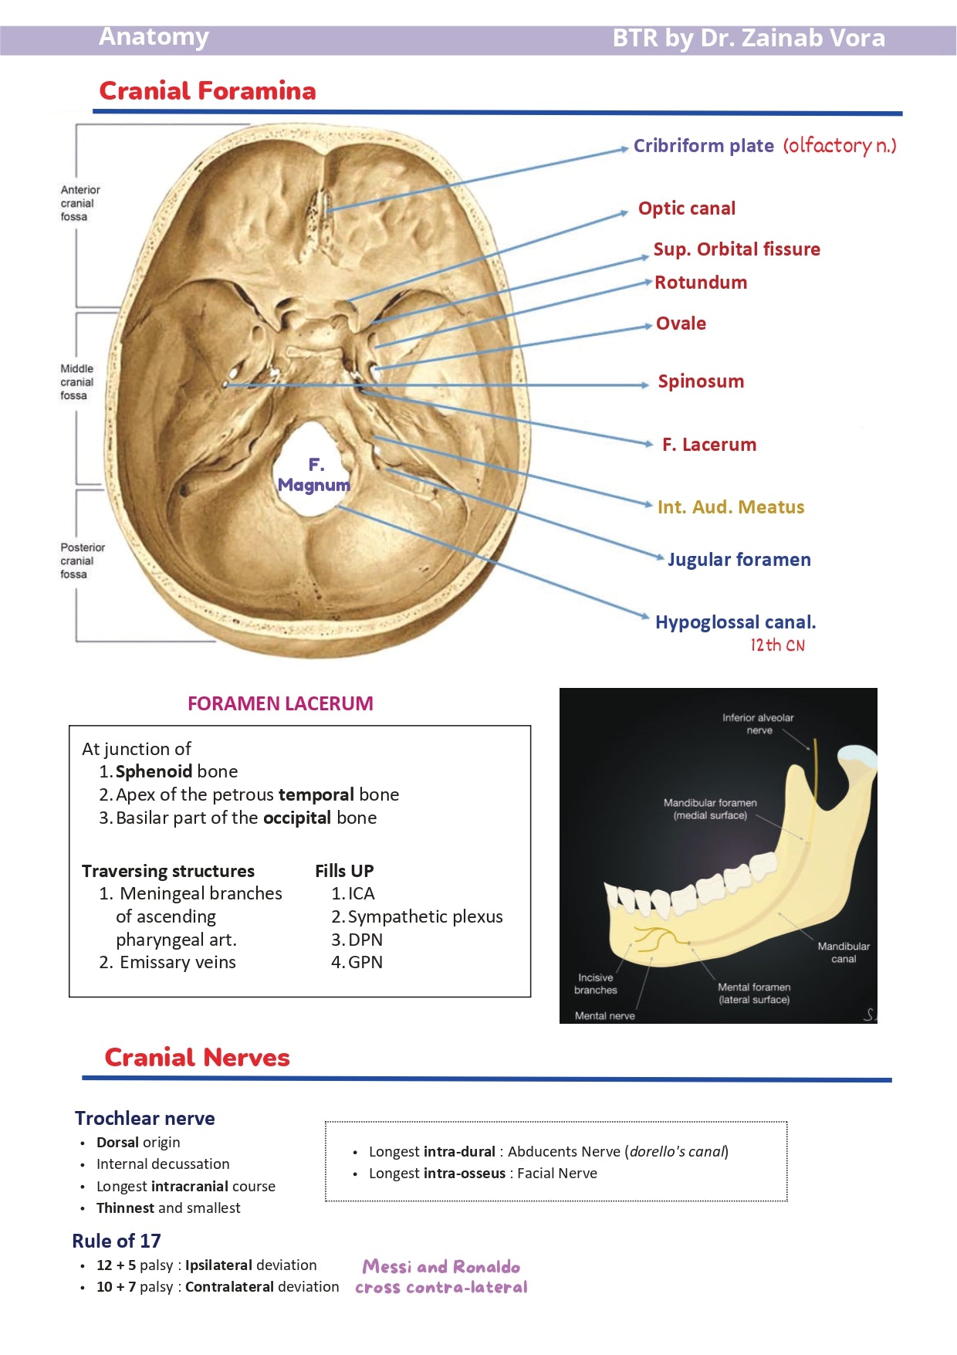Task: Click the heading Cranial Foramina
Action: click(x=207, y=91)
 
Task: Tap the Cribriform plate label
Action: click(x=703, y=146)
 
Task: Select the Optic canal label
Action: click(x=686, y=208)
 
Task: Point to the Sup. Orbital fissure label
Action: click(x=736, y=249)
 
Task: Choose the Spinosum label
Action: click(x=700, y=381)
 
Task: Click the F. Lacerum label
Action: click(x=708, y=445)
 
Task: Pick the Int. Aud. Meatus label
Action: click(x=730, y=507)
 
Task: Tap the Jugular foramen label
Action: click(x=739, y=560)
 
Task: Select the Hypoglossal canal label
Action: click(x=735, y=622)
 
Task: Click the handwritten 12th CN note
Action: click(x=777, y=645)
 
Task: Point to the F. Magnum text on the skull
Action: click(x=314, y=475)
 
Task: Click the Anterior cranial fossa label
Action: click(x=79, y=203)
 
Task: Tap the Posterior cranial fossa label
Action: click(x=82, y=561)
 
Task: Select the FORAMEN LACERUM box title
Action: click(x=280, y=703)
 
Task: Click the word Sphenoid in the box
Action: click(x=154, y=771)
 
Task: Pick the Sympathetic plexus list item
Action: click(x=424, y=916)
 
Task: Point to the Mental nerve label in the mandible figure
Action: click(x=604, y=1016)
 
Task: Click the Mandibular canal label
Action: click(x=843, y=953)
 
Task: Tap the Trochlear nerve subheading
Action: click(x=144, y=1118)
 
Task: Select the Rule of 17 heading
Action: click(x=117, y=1241)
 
